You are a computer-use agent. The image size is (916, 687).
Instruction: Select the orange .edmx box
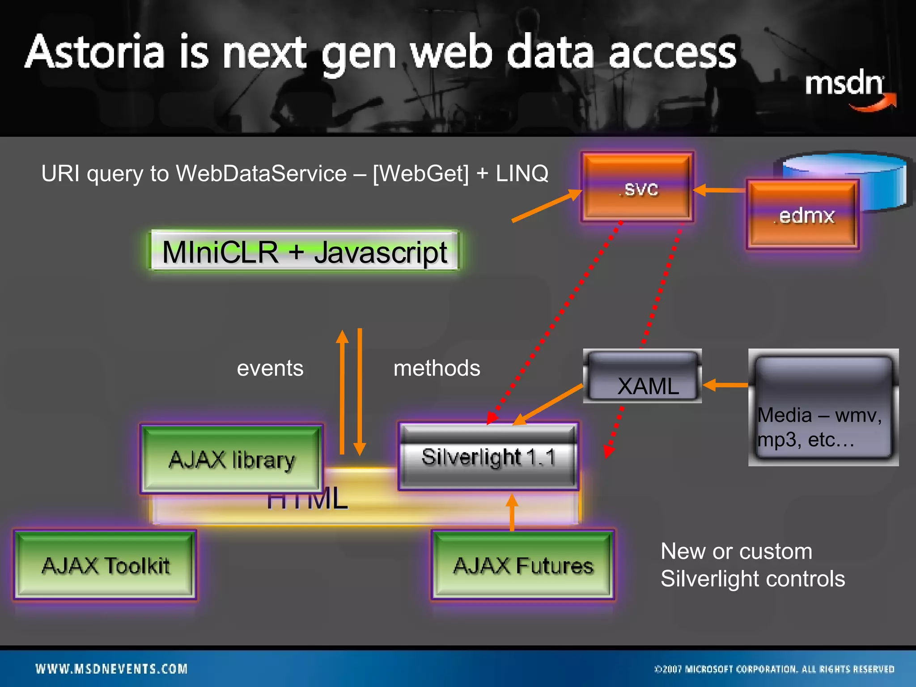(x=802, y=215)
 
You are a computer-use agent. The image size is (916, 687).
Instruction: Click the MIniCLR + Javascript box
(x=304, y=251)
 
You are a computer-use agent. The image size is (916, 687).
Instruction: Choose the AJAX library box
(x=231, y=459)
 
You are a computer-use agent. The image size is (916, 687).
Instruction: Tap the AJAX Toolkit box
(x=105, y=565)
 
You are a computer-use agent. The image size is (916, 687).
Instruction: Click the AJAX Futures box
(x=523, y=565)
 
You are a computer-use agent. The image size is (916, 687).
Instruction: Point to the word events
(x=270, y=369)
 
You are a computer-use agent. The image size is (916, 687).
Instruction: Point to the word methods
(x=437, y=369)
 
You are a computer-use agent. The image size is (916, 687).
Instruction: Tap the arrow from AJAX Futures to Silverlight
(x=512, y=512)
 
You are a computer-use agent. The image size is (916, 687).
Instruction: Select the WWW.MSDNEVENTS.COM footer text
(x=111, y=669)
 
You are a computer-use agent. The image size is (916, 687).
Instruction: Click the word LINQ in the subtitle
(x=522, y=174)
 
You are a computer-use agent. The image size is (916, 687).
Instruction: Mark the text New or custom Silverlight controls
(x=752, y=565)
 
